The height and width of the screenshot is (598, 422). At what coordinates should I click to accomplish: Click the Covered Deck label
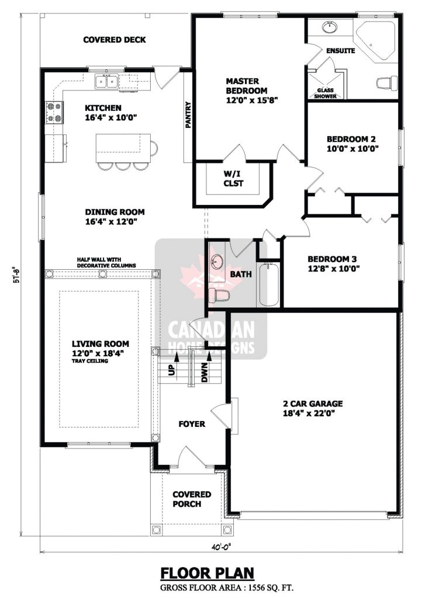coord(114,40)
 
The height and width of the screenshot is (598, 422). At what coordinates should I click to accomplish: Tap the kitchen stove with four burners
coord(54,112)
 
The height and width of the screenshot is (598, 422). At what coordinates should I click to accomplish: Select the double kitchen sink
coord(107,81)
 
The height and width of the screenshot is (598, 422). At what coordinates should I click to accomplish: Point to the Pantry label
coord(188,114)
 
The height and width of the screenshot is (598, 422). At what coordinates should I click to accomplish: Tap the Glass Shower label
coord(326,93)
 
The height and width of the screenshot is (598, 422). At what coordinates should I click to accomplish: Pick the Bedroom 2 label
coord(351,139)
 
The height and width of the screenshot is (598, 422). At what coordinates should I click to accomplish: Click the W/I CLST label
coord(233,178)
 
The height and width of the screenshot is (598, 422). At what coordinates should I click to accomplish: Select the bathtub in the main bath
coord(269,286)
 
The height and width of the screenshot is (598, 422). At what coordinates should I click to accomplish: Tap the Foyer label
coord(192,424)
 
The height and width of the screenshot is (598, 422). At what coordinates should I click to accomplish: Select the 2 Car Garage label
coord(313,404)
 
